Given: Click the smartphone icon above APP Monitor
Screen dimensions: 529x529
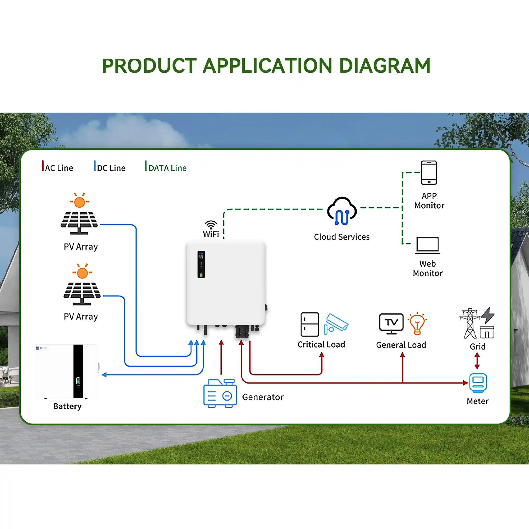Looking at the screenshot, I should tap(429, 173).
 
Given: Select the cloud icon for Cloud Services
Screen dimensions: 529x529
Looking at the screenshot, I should tap(342, 211).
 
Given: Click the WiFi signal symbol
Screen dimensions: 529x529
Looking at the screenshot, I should tap(211, 225).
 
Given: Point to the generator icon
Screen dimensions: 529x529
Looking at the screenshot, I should tap(220, 393).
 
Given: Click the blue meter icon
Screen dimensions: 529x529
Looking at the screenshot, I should tap(478, 383).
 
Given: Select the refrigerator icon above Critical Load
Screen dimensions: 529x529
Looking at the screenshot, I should tap(310, 324).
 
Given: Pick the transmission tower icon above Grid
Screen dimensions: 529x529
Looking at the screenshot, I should tap(470, 323).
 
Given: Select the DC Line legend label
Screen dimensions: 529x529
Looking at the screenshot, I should tap(111, 168).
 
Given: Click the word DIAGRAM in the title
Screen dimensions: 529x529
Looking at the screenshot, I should tap(384, 66).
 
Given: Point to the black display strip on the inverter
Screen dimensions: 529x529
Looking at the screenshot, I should tap(201, 264).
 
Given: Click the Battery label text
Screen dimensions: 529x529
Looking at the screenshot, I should tap(67, 406).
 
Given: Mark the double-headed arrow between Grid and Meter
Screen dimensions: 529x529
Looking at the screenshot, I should tap(477, 361).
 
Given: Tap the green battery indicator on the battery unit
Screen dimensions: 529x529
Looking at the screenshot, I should tap(78, 380).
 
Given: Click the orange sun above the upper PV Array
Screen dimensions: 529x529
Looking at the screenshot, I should tap(79, 202).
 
